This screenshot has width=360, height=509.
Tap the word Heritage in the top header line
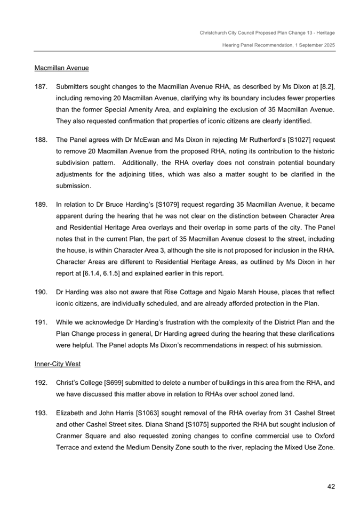click(324, 33)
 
